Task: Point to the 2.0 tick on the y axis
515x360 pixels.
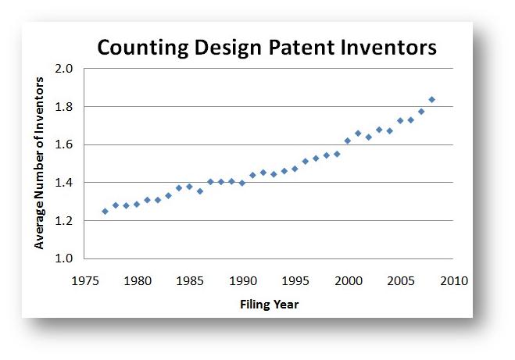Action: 65,69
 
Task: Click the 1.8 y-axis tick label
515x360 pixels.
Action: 65,107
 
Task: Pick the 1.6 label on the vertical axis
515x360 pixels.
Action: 65,144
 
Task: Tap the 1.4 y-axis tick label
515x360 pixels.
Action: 65,183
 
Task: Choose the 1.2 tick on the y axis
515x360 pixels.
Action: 65,221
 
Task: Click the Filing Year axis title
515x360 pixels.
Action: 269,304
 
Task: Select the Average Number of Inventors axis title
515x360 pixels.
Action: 39,164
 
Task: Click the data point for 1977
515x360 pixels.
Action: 106,211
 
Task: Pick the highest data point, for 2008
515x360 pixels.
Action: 432,99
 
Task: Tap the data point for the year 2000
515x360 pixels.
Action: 348,141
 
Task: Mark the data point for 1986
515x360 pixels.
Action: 200,191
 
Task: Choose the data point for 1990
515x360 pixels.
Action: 242,183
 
